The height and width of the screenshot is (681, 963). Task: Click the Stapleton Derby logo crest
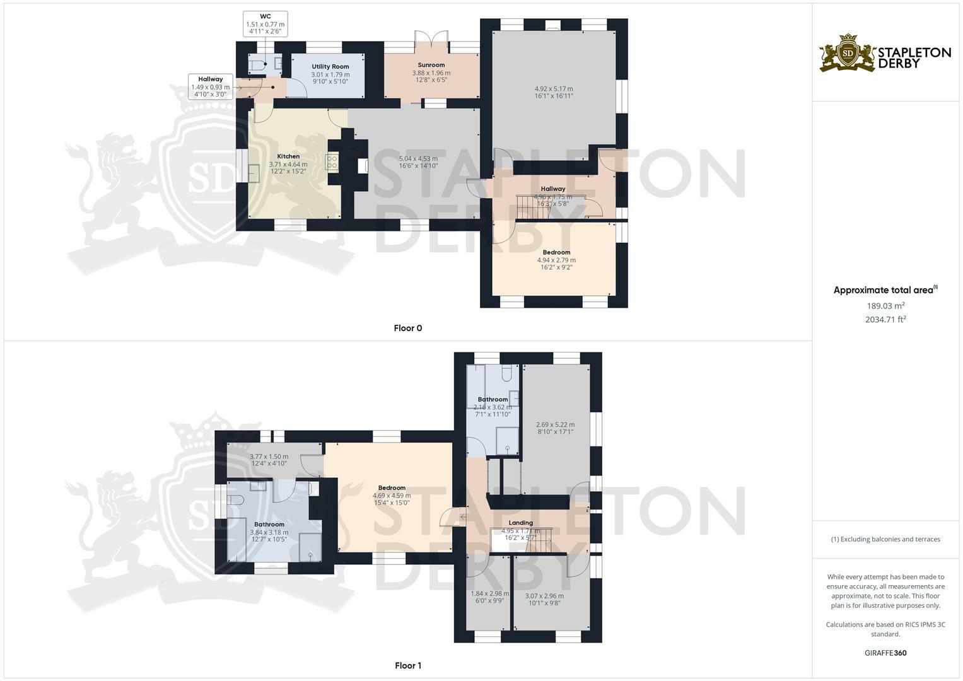point(847,53)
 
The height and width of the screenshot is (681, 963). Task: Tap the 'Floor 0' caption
point(407,328)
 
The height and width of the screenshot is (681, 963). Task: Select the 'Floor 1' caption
point(407,665)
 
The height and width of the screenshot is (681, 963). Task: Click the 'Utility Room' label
point(330,66)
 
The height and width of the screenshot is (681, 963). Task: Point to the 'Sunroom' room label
point(431,65)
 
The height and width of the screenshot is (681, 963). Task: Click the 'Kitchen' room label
point(288,156)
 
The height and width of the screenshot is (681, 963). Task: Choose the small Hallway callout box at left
point(210,87)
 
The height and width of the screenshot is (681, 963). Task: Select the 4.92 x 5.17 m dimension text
point(554,89)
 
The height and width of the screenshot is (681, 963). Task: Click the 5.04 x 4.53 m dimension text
point(418,159)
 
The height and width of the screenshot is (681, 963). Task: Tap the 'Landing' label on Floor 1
point(521,523)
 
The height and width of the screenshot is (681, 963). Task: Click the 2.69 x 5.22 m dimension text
point(555,425)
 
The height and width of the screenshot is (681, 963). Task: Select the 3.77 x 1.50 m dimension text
point(269,457)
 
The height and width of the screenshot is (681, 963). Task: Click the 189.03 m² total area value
point(885,306)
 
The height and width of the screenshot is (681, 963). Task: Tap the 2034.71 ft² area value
point(885,320)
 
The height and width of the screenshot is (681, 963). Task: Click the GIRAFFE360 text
point(885,653)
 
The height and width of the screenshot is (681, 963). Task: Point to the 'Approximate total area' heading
point(884,291)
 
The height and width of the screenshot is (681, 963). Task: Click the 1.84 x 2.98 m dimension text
point(489,594)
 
